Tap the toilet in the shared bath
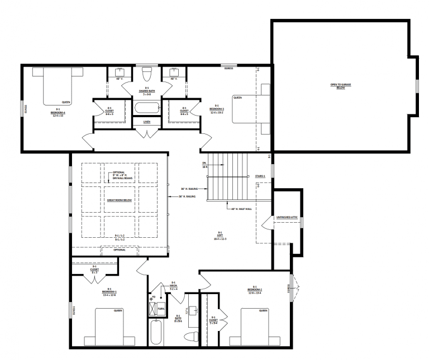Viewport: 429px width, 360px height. (x=147, y=74)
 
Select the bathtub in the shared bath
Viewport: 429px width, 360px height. (x=147, y=108)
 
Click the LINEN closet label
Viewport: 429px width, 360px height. (x=147, y=122)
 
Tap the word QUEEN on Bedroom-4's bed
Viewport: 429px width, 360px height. (x=66, y=102)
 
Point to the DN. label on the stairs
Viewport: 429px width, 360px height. (x=204, y=164)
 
